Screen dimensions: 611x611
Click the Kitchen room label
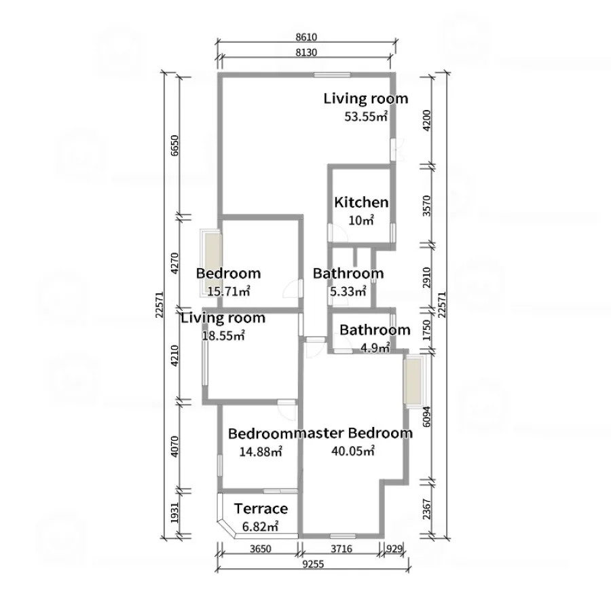[361, 202]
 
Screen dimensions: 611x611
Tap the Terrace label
[261, 508]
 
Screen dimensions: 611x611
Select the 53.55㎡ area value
[366, 117]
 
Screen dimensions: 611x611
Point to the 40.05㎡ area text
[353, 451]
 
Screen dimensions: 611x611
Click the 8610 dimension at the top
[306, 37]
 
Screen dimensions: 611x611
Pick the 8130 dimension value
[306, 52]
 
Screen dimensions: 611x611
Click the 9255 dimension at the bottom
[313, 564]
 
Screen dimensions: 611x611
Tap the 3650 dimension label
[260, 549]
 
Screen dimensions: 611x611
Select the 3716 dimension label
[341, 549]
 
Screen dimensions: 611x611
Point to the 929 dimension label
[394, 549]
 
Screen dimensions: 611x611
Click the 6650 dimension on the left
[174, 145]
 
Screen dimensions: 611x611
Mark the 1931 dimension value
[174, 513]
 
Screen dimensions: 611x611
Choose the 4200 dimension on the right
[427, 120]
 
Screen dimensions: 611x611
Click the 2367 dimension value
[427, 509]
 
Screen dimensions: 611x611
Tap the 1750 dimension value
[427, 330]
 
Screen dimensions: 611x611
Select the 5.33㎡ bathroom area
[348, 291]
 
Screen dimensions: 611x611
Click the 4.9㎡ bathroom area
[375, 348]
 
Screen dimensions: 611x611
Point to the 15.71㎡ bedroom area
[228, 291]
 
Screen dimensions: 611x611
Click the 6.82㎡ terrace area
[260, 526]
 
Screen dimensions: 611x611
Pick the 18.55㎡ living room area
[223, 335]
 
